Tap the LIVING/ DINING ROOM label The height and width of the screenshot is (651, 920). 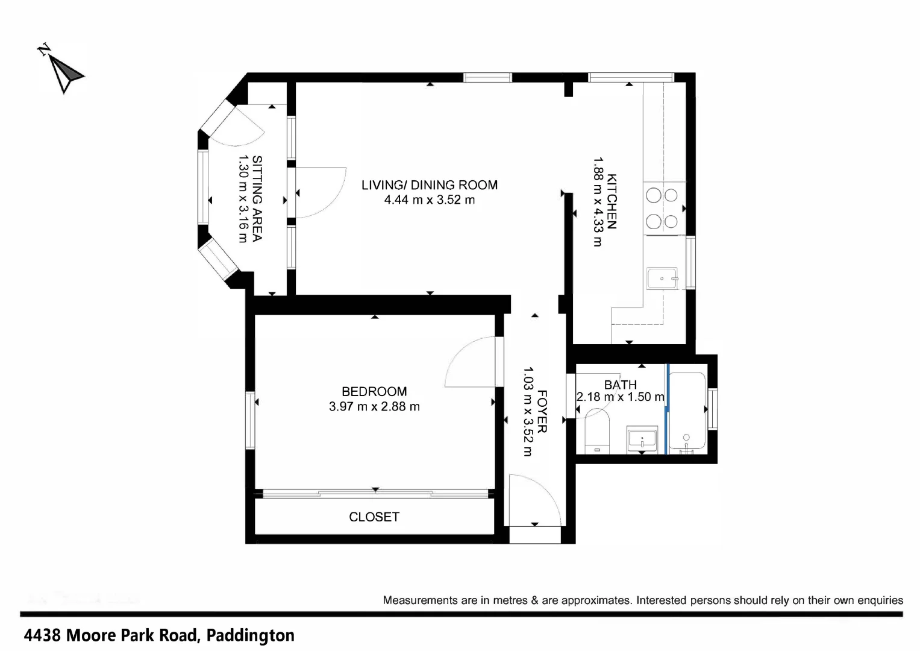click(x=429, y=185)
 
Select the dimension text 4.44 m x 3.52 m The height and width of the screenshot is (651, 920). click(x=429, y=200)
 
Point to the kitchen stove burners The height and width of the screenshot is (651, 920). click(x=662, y=209)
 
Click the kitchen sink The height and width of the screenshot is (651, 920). click(x=662, y=278)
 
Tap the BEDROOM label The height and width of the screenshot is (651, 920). click(x=374, y=391)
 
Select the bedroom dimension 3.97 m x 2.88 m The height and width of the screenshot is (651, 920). click(x=374, y=407)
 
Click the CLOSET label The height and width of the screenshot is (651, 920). click(x=374, y=517)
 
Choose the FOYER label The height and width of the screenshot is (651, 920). click(x=542, y=412)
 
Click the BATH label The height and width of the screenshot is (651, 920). click(x=620, y=385)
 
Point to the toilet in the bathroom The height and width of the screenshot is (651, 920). click(x=597, y=430)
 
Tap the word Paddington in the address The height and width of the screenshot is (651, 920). click(x=250, y=635)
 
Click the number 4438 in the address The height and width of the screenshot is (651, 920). click(x=43, y=635)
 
